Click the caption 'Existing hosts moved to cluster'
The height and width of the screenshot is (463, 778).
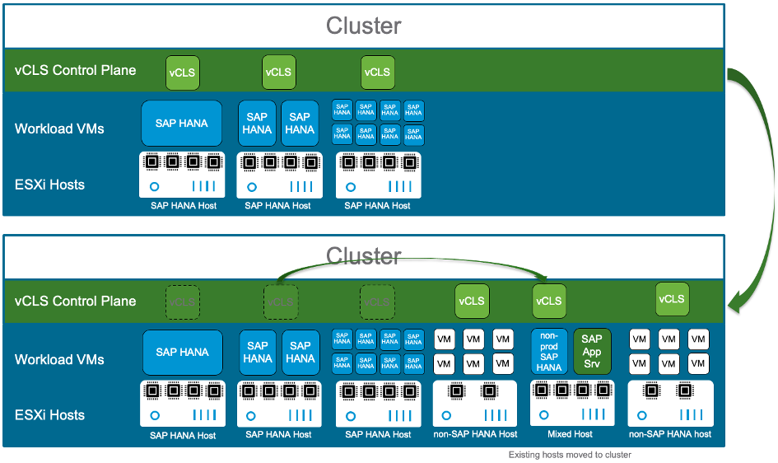coord(570,455)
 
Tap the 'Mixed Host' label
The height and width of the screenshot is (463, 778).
coord(570,434)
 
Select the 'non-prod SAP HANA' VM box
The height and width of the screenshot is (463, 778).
coord(548,352)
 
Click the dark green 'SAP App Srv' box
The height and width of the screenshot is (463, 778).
coord(591,352)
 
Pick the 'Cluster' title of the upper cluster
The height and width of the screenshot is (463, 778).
coord(363,26)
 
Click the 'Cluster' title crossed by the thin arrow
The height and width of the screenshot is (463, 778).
coord(363,257)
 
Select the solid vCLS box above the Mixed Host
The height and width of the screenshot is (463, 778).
coord(548,301)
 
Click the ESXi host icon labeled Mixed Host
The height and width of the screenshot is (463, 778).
coord(570,404)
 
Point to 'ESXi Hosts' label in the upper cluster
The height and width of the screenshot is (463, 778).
coord(49,185)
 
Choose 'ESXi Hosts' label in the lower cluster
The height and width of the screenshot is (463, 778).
coord(49,415)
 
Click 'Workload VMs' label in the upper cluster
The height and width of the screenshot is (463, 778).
coord(59,129)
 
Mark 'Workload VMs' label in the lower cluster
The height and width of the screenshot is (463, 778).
coord(59,359)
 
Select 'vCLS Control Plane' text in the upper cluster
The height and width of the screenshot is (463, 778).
coord(75,70)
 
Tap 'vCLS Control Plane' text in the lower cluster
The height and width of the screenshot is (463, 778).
coord(75,301)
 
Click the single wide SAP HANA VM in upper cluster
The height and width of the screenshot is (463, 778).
coord(181,124)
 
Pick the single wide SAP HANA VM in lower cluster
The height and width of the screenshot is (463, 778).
coord(182,353)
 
